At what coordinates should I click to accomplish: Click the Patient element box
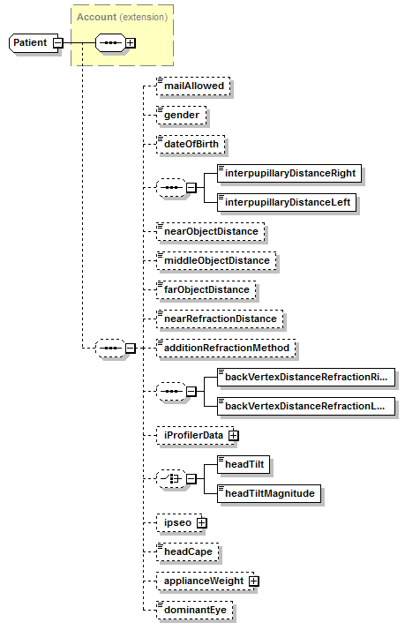pos(30,42)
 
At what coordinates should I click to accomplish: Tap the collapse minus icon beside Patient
pos(57,42)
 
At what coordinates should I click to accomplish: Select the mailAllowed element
pos(192,86)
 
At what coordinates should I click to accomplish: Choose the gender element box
pos(181,115)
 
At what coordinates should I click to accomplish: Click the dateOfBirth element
pos(191,144)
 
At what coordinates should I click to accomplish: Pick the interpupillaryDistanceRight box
pos(290,174)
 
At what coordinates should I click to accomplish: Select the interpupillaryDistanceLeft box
pos(288,203)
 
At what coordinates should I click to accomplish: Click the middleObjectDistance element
pos(215,260)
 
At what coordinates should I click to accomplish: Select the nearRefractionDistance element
pos(218,319)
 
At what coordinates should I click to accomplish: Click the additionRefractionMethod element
pos(226,348)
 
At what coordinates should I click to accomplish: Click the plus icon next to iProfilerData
pos(234,436)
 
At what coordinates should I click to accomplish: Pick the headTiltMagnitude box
pos(269,493)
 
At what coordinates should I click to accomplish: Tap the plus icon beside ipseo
pos(202,522)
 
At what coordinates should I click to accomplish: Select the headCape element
pos(187,551)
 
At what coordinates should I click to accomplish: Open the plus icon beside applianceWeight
pos(254,581)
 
